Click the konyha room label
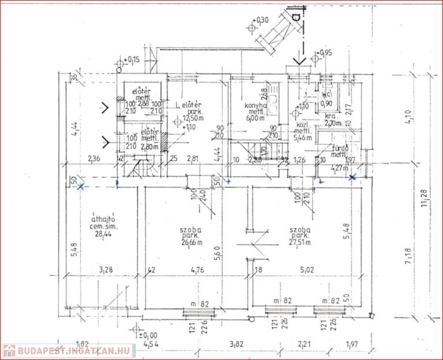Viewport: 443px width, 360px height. click(256, 106)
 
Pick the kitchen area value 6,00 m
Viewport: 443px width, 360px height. click(255, 118)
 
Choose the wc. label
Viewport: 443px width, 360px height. click(327, 94)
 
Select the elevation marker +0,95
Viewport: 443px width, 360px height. click(324, 53)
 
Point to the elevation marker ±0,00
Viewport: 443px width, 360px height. click(148, 335)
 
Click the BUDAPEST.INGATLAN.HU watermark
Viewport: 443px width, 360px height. click(69, 351)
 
